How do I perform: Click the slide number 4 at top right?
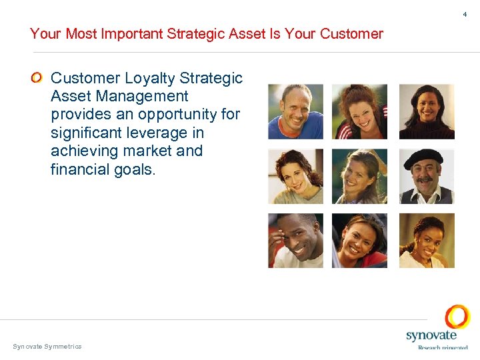click(465, 14)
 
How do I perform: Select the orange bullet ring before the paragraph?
click(37, 79)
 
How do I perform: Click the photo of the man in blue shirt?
click(295, 111)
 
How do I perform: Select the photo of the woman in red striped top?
click(359, 111)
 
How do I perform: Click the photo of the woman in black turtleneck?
click(427, 111)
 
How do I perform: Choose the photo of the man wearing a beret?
click(427, 176)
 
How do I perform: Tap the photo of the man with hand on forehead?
click(295, 241)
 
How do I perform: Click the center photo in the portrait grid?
click(359, 176)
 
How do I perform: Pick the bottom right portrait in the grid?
click(427, 241)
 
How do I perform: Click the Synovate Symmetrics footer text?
click(47, 346)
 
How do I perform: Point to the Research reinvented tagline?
click(443, 347)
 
